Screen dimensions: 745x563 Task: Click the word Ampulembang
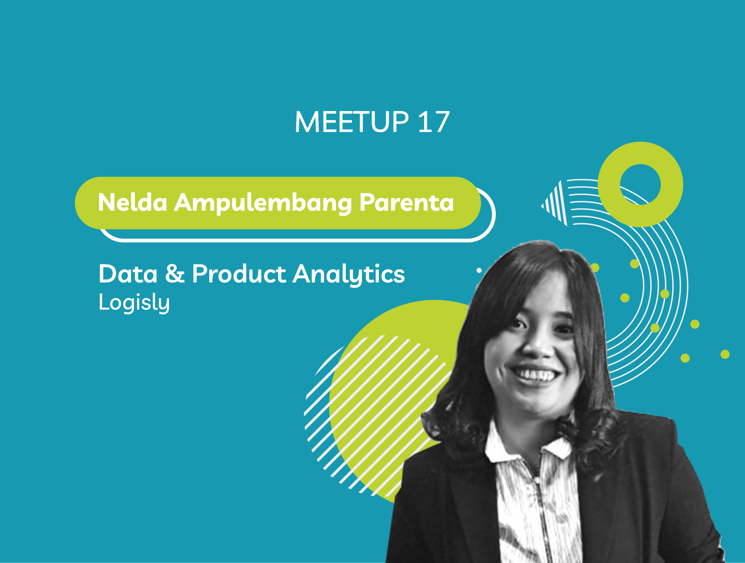coord(263,203)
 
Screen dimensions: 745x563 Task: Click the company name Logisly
coord(134,303)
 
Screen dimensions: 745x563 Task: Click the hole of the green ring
coord(640,184)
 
